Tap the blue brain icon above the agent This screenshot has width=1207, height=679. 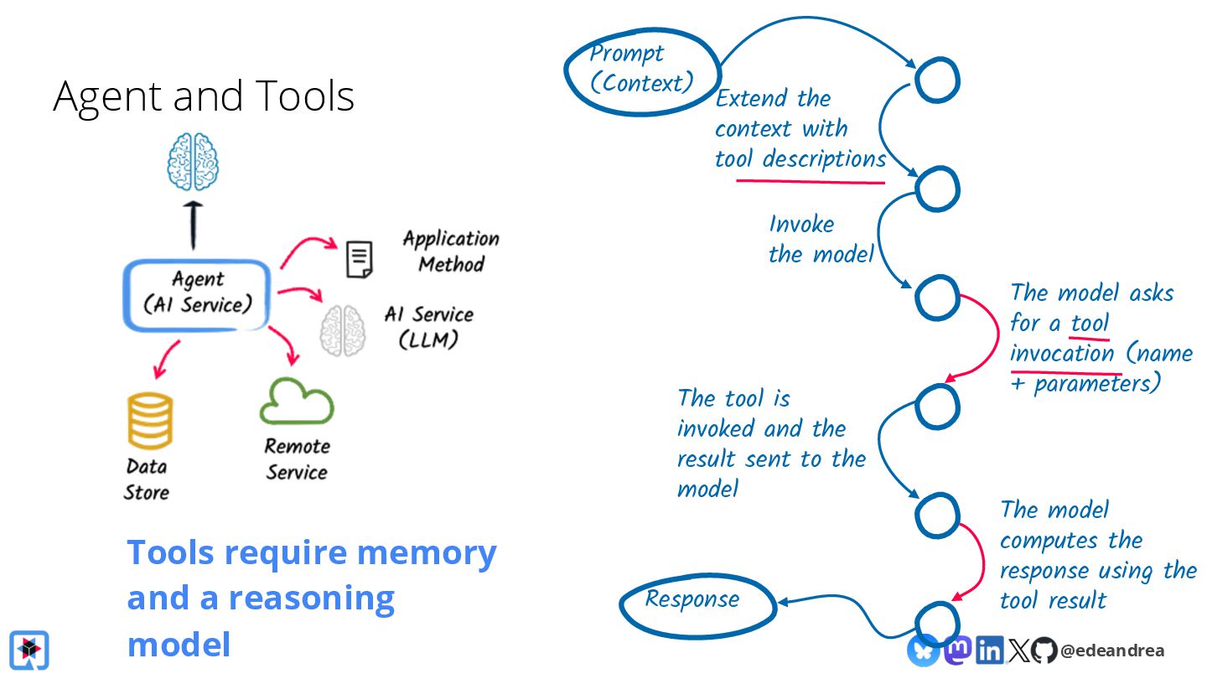pos(193,162)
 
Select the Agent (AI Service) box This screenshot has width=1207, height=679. pos(197,295)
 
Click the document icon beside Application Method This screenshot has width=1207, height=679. pos(360,259)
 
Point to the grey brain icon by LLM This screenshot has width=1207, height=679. pos(343,330)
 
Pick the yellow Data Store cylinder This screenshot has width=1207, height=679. pos(150,420)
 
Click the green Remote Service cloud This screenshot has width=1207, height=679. pos(297,401)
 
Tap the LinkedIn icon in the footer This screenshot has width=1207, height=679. pos(990,650)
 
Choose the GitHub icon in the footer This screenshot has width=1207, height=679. pos(1044,650)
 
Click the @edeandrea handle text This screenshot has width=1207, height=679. pos(1112,650)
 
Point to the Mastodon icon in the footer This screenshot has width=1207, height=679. pos(957,650)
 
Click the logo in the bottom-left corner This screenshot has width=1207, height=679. pos(29,650)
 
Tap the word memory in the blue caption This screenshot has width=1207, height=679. pos(427,553)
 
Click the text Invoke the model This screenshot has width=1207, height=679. pos(821,239)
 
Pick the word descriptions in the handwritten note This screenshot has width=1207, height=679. pos(825,160)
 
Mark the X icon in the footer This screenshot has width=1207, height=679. pos(1018,650)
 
